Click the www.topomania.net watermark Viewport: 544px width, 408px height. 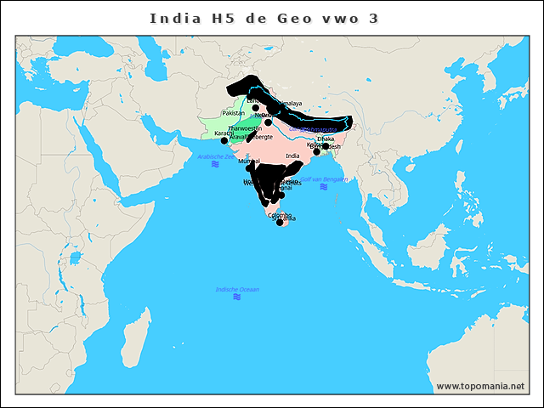pos(480,387)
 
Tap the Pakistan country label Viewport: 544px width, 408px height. pos(233,113)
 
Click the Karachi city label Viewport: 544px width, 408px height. pos(223,133)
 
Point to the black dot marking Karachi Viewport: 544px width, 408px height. pos(224,140)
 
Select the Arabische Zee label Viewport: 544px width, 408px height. pos(215,156)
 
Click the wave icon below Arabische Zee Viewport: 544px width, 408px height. pos(215,164)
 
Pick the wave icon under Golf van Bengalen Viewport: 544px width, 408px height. pos(324,187)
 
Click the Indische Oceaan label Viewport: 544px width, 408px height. pos(237,290)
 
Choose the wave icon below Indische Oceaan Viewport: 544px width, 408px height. pos(237,297)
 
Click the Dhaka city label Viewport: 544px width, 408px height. pos(326,139)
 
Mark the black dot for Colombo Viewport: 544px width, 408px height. pos(280,223)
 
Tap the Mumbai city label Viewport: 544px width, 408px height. pos(249,161)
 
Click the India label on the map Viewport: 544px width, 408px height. pos(293,156)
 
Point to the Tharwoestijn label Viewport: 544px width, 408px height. pos(245,128)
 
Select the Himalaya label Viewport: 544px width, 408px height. pos(288,103)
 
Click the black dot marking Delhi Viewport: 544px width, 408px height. pos(268,122)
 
